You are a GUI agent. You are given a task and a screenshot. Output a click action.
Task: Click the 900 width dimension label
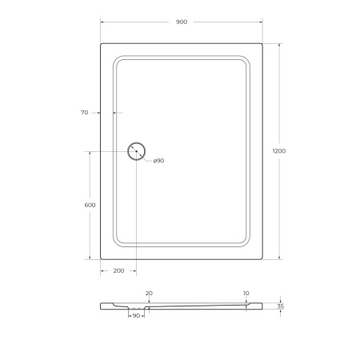point(181,22)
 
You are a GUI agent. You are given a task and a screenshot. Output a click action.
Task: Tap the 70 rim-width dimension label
point(84,113)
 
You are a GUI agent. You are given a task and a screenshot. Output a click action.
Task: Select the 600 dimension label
point(90,206)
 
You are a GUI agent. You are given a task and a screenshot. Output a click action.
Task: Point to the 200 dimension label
point(118,271)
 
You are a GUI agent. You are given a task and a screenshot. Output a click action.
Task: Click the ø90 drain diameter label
point(158,162)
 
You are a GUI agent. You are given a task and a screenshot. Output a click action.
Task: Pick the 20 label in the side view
point(150,293)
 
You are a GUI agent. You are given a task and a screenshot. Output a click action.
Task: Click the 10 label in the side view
point(246,293)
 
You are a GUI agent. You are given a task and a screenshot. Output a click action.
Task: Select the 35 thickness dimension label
point(280,306)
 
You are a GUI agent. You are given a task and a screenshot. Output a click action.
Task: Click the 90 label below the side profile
point(136,316)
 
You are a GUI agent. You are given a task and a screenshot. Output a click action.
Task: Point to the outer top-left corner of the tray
point(101,43)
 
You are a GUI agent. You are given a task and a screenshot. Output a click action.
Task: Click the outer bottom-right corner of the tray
point(262,260)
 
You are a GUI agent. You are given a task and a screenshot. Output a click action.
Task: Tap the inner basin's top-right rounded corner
point(245,58)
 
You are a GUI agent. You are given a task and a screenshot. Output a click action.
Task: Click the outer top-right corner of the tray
point(262,43)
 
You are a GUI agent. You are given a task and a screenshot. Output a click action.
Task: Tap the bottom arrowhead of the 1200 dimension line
point(278,258)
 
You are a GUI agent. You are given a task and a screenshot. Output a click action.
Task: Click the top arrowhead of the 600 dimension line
point(89,151)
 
